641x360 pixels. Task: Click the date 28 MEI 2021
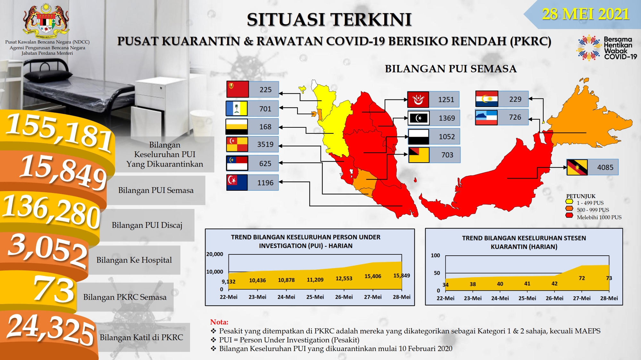586,14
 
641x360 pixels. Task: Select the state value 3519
265,144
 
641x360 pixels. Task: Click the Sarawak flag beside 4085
577,167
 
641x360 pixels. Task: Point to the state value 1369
447,118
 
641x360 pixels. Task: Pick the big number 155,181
59,132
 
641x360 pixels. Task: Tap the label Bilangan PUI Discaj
147,225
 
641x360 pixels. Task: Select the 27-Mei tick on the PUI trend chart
373,297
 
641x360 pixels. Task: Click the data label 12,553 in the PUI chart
344,278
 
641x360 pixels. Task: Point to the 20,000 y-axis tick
215,254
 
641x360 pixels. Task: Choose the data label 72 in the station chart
582,278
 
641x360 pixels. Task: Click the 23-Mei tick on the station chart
473,298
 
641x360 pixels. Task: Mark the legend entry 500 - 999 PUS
593,210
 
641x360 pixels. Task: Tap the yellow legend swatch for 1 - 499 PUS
569,202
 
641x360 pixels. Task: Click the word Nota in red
219,322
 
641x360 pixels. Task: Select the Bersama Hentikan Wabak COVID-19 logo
607,48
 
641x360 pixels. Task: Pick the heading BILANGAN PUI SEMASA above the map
451,69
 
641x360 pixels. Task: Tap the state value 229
515,99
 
